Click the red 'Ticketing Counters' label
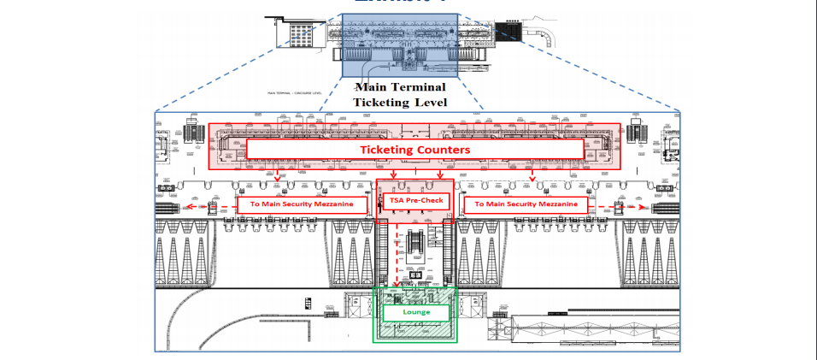pyautogui.click(x=415, y=150)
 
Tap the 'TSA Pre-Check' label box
pyautogui.click(x=414, y=202)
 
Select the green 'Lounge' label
pyautogui.click(x=415, y=313)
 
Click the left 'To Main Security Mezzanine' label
pyautogui.click(x=303, y=204)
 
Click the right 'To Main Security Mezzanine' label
pyautogui.click(x=526, y=204)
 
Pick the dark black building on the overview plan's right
pyautogui.click(x=509, y=32)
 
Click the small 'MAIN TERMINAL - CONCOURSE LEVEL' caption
pyautogui.click(x=295, y=92)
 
